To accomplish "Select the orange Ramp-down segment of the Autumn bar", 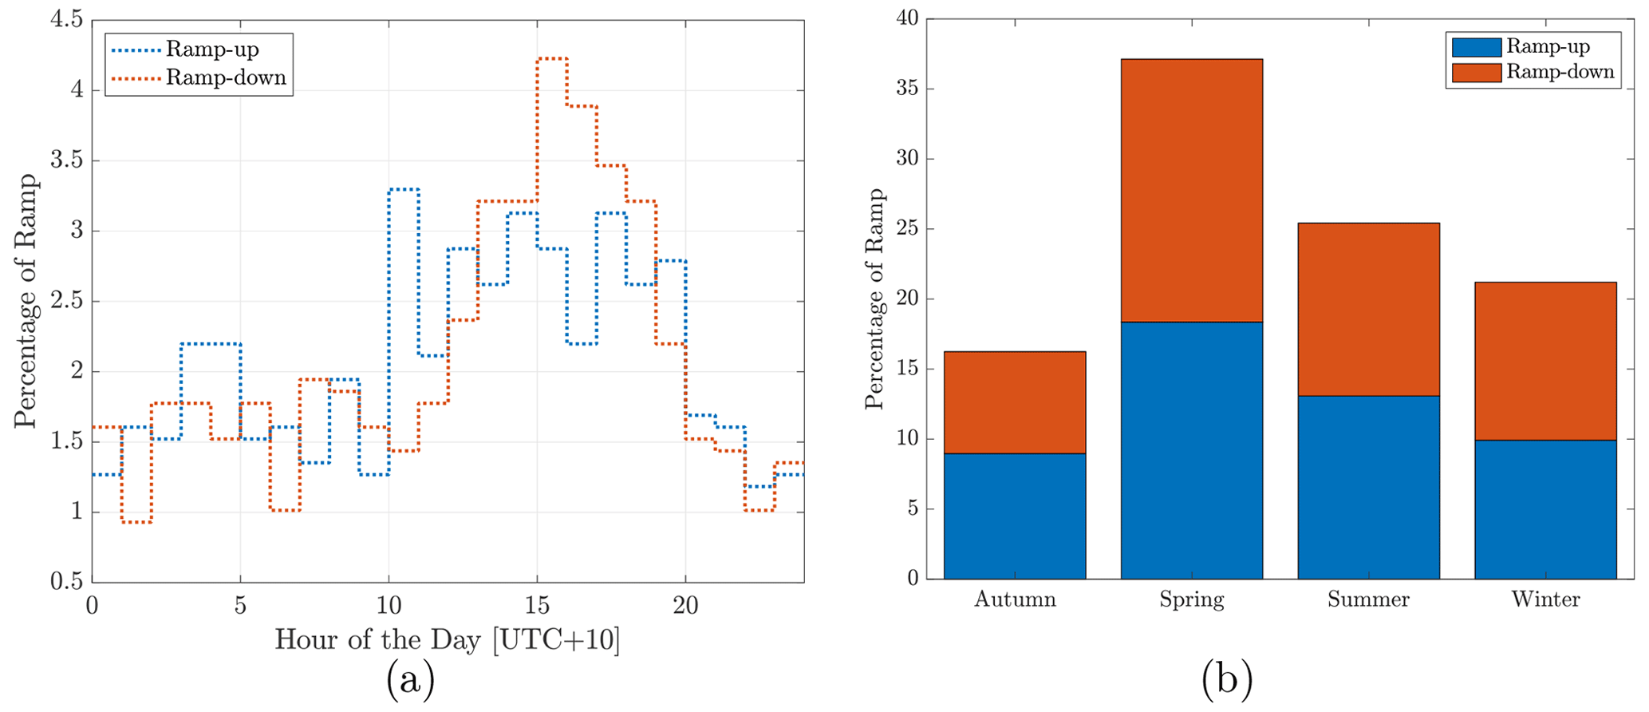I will pyautogui.click(x=1014, y=402).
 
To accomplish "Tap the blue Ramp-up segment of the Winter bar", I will pyautogui.click(x=1545, y=508).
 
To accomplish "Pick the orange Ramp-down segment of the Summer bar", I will pyautogui.click(x=1368, y=309).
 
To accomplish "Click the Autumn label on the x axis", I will pyautogui.click(x=1014, y=599).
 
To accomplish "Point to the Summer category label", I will pyautogui.click(x=1368, y=599).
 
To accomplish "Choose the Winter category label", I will pyautogui.click(x=1545, y=599).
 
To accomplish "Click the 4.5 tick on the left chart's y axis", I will pyautogui.click(x=66, y=19).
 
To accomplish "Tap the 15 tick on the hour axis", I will pyautogui.click(x=537, y=606).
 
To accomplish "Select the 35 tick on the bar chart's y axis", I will pyautogui.click(x=907, y=89).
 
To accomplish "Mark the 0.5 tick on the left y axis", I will pyautogui.click(x=66, y=581).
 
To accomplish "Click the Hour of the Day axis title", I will pyautogui.click(x=447, y=640).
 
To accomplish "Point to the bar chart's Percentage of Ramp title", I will pyautogui.click(x=875, y=299).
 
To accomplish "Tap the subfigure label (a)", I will pyautogui.click(x=410, y=681).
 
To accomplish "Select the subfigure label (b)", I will pyautogui.click(x=1226, y=681).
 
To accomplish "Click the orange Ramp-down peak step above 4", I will pyautogui.click(x=552, y=58).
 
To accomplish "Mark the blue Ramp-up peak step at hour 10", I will pyautogui.click(x=404, y=189).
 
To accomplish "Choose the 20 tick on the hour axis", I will pyautogui.click(x=685, y=606).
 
